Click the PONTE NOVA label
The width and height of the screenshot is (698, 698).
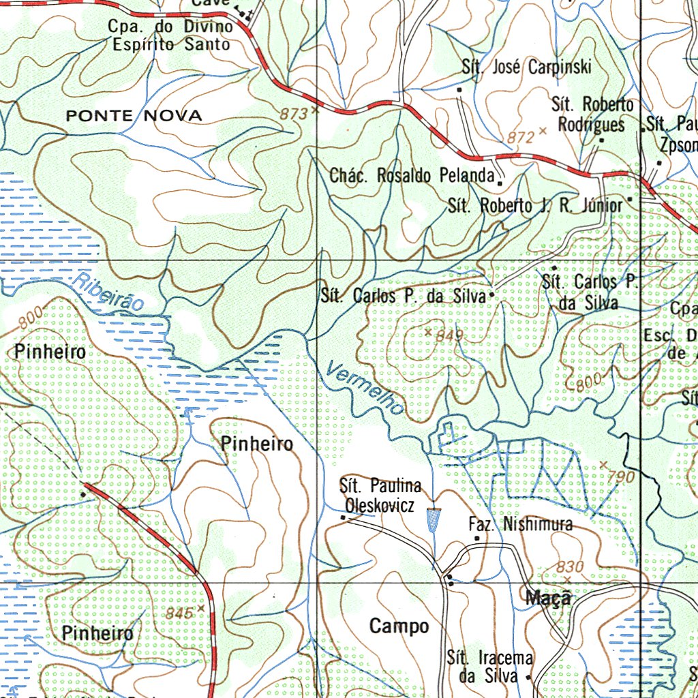[x=134, y=116]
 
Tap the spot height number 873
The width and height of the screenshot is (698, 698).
[x=293, y=115]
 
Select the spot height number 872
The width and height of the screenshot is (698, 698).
[x=521, y=137]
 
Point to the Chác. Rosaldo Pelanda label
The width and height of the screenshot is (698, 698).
[x=412, y=175]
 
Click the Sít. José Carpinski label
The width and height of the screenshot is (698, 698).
[x=526, y=67]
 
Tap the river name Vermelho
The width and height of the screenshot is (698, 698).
[x=364, y=389]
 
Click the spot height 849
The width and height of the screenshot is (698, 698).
[x=449, y=335]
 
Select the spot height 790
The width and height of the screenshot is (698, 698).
[x=620, y=477]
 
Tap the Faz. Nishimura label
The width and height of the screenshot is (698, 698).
[x=521, y=525]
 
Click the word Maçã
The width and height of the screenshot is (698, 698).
[x=547, y=598]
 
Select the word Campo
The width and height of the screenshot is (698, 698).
[x=399, y=626]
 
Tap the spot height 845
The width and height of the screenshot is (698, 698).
[x=179, y=613]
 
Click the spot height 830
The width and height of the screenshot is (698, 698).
[x=570, y=566]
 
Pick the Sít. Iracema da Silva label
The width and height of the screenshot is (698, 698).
[x=490, y=667]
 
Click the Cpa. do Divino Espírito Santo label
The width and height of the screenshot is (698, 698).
[x=170, y=35]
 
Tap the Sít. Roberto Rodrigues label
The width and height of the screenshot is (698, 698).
[x=592, y=115]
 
